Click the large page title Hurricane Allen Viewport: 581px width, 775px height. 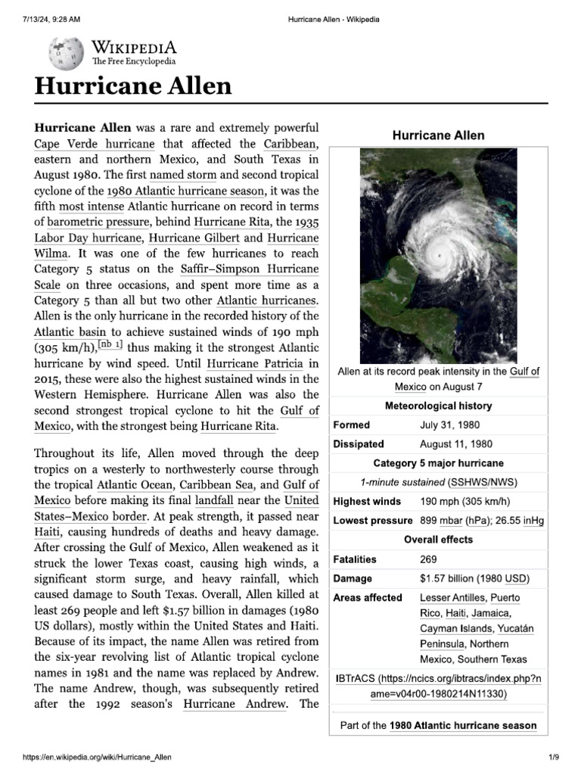[x=132, y=86]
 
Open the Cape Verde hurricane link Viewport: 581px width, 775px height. [x=95, y=144]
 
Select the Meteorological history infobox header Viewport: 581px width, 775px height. [x=438, y=406]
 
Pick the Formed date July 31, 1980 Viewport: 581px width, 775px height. [x=449, y=425]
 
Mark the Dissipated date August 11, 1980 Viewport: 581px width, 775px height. [x=456, y=444]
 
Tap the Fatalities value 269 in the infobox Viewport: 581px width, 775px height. [x=429, y=559]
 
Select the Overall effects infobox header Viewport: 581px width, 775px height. [x=438, y=540]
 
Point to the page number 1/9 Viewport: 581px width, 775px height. [x=553, y=758]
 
